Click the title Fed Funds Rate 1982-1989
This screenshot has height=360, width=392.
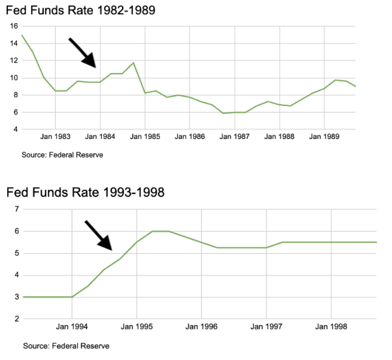pyautogui.click(x=81, y=10)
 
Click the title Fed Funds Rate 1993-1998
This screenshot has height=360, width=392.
pyautogui.click(x=85, y=192)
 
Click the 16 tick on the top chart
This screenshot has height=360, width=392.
pyautogui.click(x=13, y=26)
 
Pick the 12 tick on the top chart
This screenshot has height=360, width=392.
pyautogui.click(x=13, y=61)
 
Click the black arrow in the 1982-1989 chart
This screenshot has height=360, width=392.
pyautogui.click(x=82, y=53)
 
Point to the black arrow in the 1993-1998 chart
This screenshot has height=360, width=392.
pyautogui.click(x=99, y=235)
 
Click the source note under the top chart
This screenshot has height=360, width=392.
pyautogui.click(x=62, y=155)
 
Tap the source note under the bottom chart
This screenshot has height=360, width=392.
pyautogui.click(x=66, y=346)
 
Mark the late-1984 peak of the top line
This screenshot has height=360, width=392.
pyautogui.click(x=133, y=63)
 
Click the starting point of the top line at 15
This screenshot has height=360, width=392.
pyautogui.click(x=22, y=35)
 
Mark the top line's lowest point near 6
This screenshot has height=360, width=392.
pyautogui.click(x=223, y=113)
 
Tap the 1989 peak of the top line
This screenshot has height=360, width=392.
pyautogui.click(x=335, y=80)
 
